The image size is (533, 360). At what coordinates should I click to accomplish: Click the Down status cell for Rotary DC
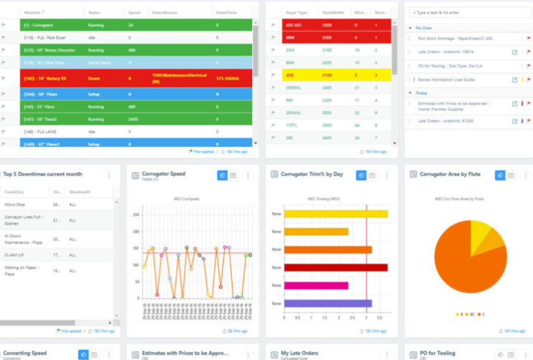[94, 78]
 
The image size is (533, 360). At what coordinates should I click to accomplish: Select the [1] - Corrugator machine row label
[43, 25]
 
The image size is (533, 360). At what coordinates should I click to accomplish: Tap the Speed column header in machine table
[135, 12]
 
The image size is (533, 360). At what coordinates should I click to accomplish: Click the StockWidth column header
[332, 12]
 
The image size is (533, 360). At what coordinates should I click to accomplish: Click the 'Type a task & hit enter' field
[468, 13]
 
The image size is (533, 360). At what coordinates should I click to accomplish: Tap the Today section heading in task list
[422, 93]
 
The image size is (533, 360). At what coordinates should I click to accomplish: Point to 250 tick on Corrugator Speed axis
[135, 214]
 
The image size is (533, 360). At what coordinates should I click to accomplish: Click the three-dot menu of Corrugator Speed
[248, 175]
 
